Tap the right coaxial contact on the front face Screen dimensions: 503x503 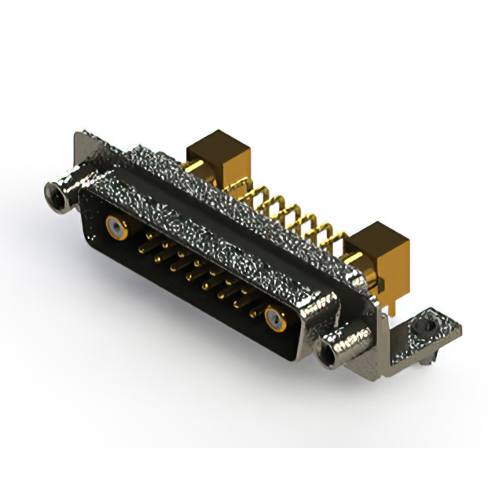(274, 318)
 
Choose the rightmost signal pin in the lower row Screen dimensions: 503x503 (253, 311)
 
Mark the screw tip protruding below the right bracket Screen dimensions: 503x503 (424, 363)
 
